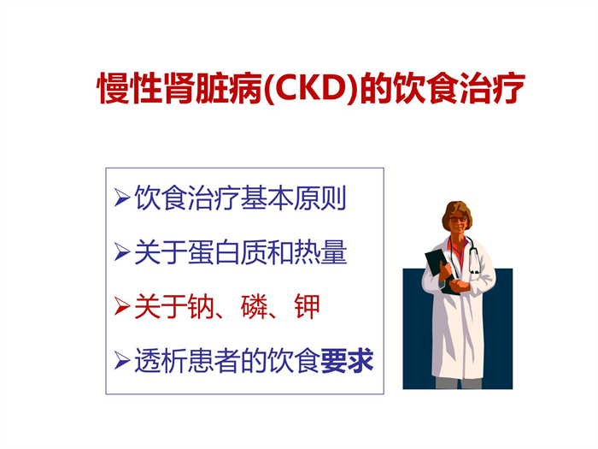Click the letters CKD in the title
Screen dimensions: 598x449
click(x=312, y=89)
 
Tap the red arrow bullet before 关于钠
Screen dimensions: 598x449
click(x=121, y=306)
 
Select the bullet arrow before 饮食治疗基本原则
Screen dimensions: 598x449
click(x=121, y=198)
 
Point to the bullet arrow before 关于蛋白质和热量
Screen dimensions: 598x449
click(x=121, y=252)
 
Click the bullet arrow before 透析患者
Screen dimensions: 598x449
click(x=121, y=361)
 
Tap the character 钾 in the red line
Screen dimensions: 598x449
click(x=308, y=306)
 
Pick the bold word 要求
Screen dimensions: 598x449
click(x=347, y=361)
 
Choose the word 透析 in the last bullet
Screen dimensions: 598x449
click(x=161, y=361)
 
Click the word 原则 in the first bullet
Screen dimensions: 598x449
click(x=320, y=198)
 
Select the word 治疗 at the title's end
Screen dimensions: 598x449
click(x=492, y=89)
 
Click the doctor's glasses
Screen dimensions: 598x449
click(x=458, y=220)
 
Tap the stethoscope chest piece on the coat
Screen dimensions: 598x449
click(x=475, y=271)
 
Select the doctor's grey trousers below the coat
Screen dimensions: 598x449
click(x=459, y=383)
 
